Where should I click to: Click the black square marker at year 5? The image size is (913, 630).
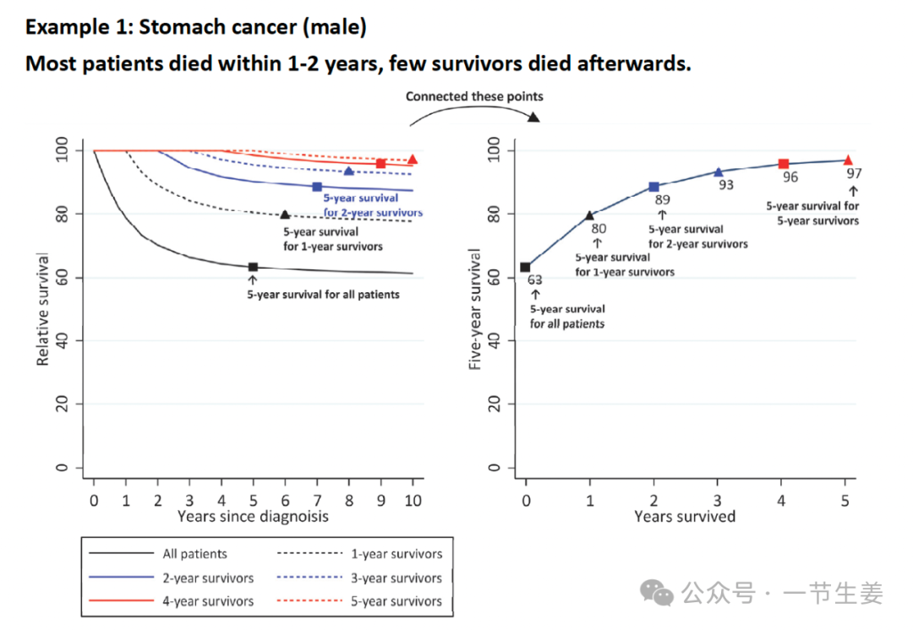click(x=253, y=267)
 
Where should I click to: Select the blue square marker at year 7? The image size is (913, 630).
click(x=317, y=187)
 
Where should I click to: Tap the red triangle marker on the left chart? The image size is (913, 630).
click(x=413, y=159)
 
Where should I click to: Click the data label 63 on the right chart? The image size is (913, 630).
click(x=534, y=280)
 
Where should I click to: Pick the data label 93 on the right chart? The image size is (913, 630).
click(x=725, y=185)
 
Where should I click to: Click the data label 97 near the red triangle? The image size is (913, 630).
click(x=853, y=173)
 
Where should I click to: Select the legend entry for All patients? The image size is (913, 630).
click(x=194, y=554)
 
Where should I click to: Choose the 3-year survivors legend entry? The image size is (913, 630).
click(x=396, y=578)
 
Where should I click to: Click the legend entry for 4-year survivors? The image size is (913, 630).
click(x=208, y=602)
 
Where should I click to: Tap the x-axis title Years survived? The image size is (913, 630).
click(x=685, y=516)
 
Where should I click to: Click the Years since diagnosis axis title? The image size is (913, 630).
click(x=253, y=515)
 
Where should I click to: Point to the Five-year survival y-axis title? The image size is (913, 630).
click(x=476, y=308)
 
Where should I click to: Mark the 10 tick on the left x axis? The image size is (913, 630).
click(x=413, y=500)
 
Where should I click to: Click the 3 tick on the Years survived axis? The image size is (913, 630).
click(x=718, y=500)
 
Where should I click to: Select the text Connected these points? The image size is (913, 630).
click(x=474, y=96)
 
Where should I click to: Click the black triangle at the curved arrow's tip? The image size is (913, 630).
click(x=533, y=116)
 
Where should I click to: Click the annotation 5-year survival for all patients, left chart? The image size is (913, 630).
click(x=323, y=295)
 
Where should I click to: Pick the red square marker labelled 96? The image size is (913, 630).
click(x=783, y=164)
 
